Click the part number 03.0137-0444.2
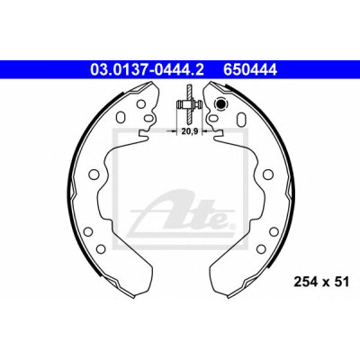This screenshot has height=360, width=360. (x=147, y=70)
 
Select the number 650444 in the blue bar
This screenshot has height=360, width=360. (x=249, y=70)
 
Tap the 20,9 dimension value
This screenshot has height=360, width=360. (x=189, y=131)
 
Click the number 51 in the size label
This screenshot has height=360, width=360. (x=342, y=282)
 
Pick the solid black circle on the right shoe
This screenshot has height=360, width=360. (x=220, y=104)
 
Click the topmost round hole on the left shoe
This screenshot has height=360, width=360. (x=140, y=104)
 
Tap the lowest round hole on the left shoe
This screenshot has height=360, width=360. (x=101, y=248)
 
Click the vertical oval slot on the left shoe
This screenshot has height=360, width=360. (x=121, y=117)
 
